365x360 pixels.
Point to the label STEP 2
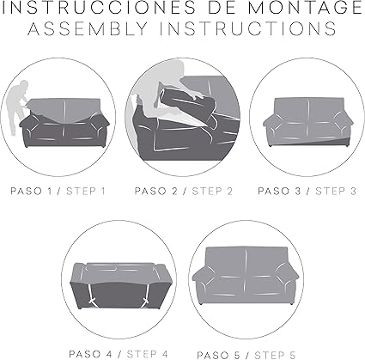pos(211,190)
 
